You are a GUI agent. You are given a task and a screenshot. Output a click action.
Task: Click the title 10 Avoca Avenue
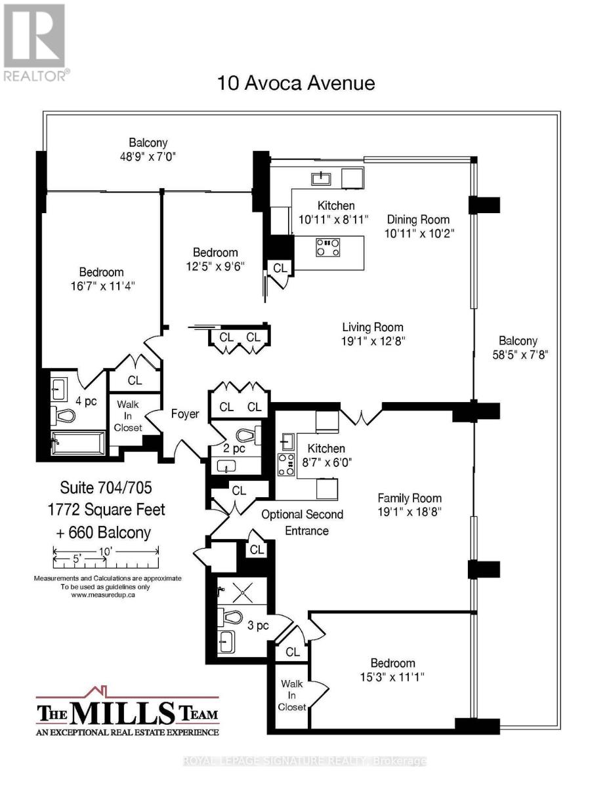point(295,83)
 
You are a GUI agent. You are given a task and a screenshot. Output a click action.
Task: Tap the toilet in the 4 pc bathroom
point(62,415)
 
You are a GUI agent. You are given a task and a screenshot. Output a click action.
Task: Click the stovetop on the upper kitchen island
point(328,247)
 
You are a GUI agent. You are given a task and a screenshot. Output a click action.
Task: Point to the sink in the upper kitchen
point(321,178)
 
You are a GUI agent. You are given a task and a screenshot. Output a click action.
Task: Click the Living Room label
point(373,327)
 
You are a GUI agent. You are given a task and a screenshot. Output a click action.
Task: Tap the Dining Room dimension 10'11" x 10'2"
point(419,233)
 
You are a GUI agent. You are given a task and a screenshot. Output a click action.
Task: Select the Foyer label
point(185,414)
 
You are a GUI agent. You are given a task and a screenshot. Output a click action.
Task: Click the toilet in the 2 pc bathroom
point(249,435)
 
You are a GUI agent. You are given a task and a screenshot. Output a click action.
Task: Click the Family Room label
point(409,498)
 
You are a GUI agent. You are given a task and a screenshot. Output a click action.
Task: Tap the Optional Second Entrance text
point(302,522)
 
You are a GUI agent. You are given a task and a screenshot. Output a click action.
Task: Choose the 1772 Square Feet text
point(106,510)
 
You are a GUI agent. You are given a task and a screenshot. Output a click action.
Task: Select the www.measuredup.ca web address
point(103,595)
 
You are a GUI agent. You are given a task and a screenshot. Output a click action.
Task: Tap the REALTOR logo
point(35,43)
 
